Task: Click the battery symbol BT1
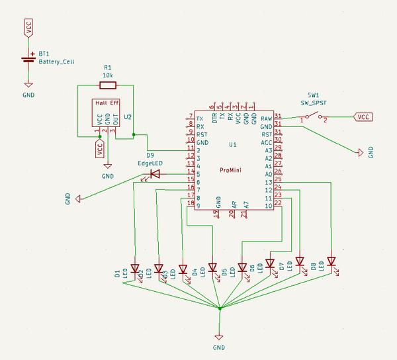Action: (x=28, y=60)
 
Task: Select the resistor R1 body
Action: (x=108, y=85)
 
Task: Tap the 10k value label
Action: (x=108, y=75)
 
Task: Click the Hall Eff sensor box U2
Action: (x=107, y=112)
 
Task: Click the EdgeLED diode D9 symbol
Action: (x=155, y=174)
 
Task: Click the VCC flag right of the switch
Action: (x=363, y=117)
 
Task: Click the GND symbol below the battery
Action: (x=28, y=85)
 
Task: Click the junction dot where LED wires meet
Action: (x=219, y=308)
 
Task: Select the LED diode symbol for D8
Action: (x=331, y=261)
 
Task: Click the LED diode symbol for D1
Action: (x=135, y=269)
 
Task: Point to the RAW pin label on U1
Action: (x=267, y=118)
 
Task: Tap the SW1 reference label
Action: (x=314, y=95)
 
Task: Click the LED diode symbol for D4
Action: (x=212, y=268)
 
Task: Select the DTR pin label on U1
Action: (x=214, y=118)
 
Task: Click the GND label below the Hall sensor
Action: (x=107, y=177)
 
